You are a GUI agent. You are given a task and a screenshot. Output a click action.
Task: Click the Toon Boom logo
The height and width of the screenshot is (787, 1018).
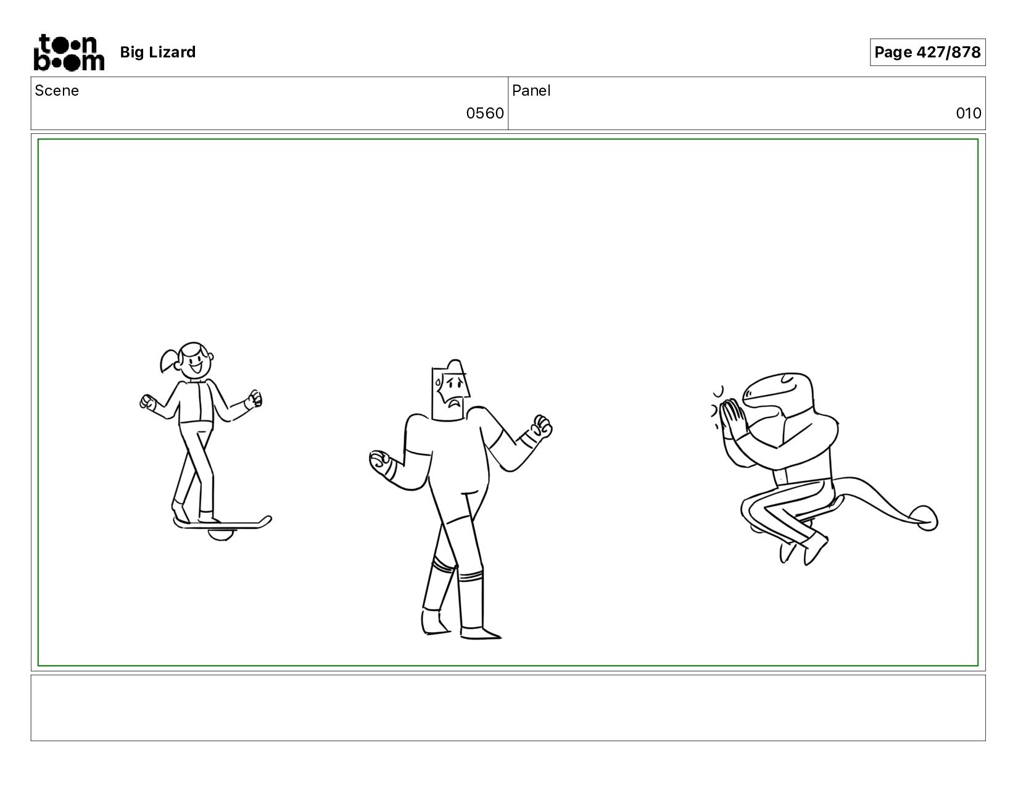click(69, 52)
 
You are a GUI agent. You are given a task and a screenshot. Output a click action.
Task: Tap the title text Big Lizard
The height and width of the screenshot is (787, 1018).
click(158, 52)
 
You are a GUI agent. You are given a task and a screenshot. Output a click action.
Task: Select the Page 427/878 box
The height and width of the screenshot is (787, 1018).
click(927, 52)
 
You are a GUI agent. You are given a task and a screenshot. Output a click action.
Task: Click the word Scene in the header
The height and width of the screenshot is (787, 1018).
click(57, 91)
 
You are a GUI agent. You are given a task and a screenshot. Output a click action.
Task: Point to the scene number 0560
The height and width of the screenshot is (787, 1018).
click(485, 113)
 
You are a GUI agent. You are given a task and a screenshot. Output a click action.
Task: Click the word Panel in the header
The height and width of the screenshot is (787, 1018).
click(531, 91)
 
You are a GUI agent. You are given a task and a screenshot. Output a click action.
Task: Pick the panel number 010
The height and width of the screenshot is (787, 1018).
click(969, 113)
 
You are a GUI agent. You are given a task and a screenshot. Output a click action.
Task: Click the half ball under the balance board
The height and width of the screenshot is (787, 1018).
click(220, 535)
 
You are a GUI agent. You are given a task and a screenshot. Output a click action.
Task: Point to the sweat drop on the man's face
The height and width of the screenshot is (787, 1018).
click(439, 383)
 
